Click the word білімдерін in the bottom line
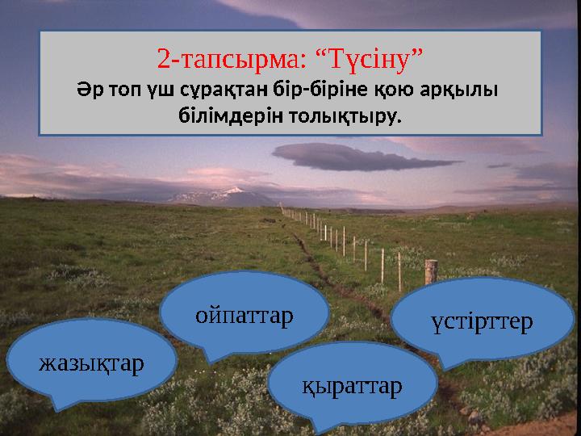pos(221,116)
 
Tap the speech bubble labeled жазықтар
pos(91,362)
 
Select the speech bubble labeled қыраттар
pos(351,386)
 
